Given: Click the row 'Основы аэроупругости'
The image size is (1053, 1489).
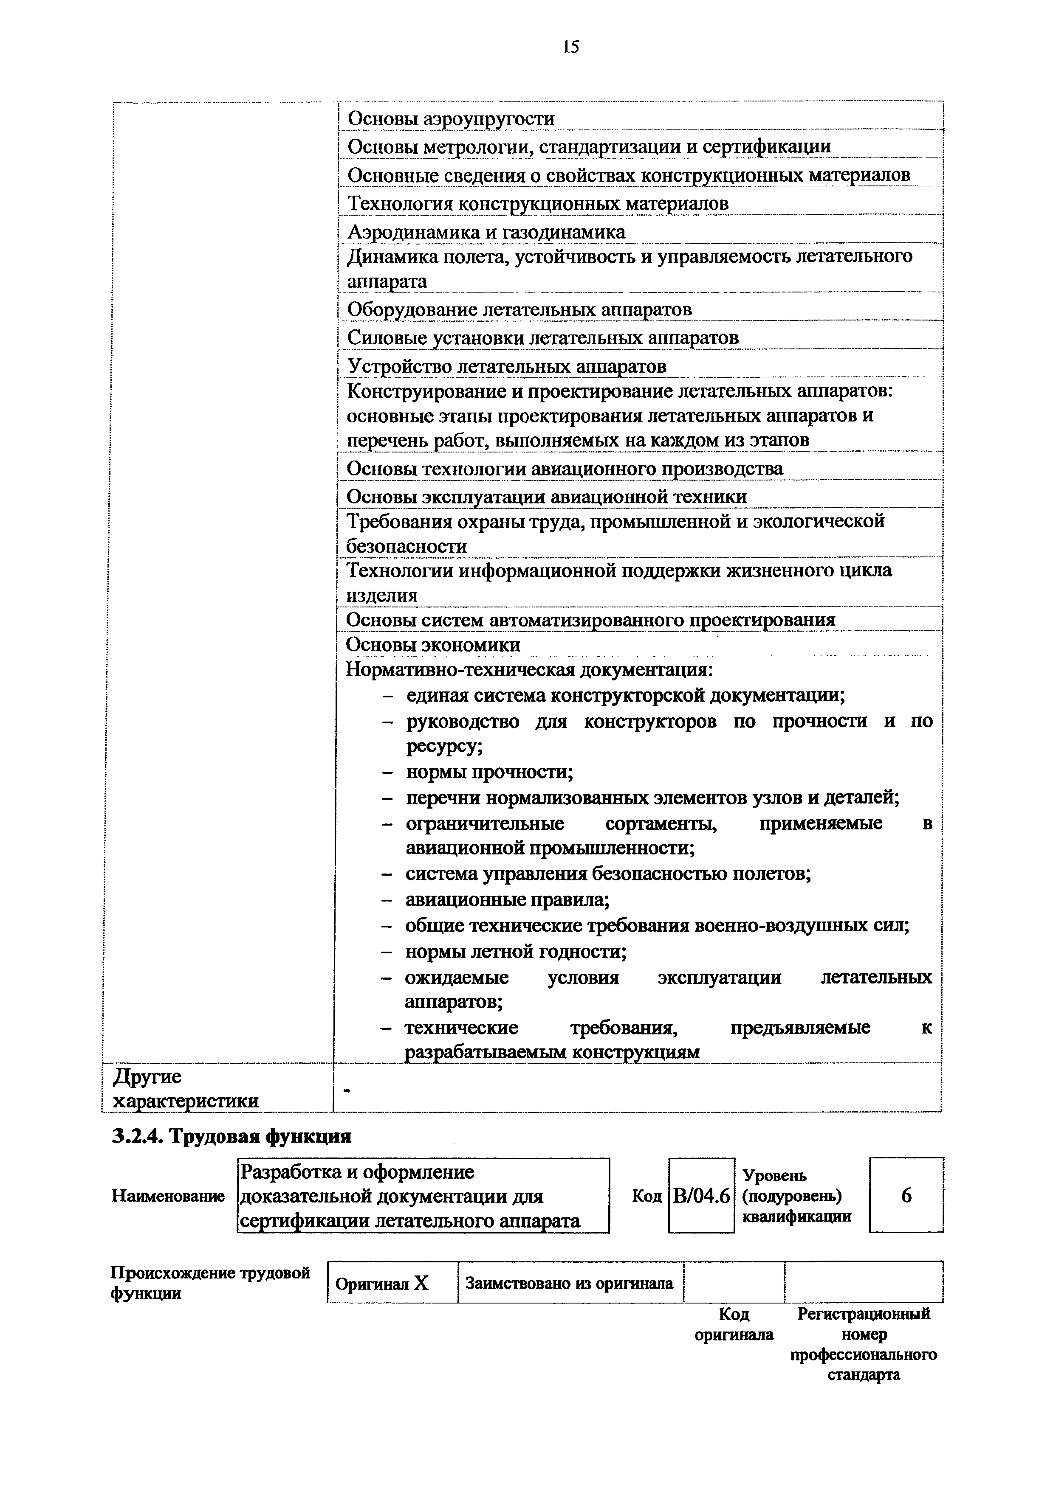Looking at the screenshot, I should pos(451,119).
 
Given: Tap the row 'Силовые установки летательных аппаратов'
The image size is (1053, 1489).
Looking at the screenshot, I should pos(542,338).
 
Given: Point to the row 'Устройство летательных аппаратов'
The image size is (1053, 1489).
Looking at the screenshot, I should pos(507,366).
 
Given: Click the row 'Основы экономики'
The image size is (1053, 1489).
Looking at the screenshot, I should pos(433,645).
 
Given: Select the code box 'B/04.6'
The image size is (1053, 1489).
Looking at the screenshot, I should pos(701,1194).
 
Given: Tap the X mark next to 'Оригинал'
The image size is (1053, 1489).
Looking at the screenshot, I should pos(422,1283).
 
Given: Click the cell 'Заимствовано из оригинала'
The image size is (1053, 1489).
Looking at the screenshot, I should pos(570,1283).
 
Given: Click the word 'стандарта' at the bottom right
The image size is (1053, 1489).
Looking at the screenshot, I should pos(864,1374).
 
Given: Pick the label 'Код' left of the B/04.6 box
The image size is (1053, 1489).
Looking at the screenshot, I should pos(646,1195).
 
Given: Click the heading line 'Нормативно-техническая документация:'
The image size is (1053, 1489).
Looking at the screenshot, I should pos(529,669).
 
